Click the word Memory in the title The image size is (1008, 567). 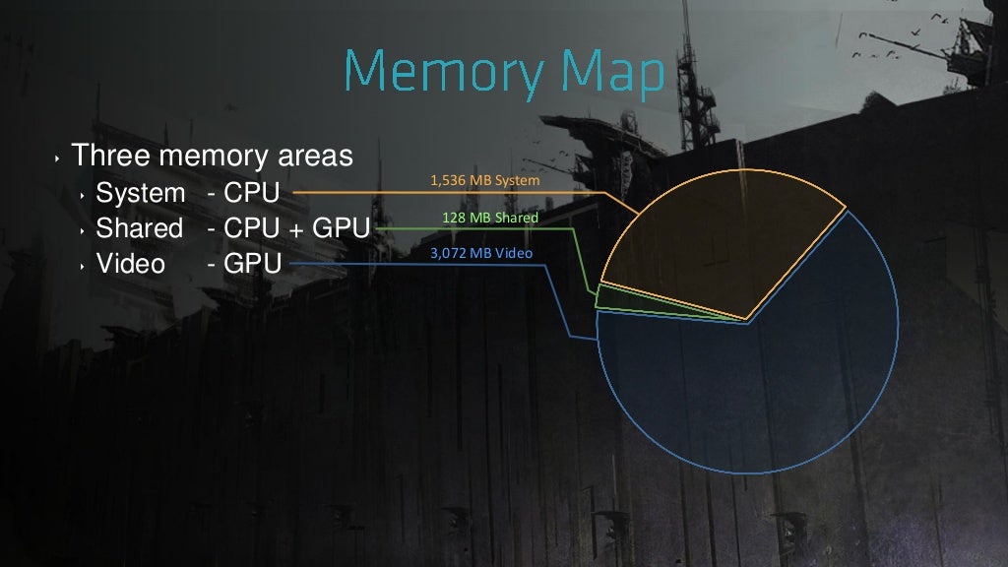point(444,72)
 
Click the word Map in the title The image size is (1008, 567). point(612,72)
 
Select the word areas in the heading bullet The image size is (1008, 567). point(315,157)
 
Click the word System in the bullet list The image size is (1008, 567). point(140,193)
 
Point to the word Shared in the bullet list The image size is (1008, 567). point(140,228)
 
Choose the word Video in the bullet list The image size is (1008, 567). point(131,264)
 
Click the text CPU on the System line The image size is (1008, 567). point(251,193)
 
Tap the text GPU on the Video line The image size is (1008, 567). point(253,264)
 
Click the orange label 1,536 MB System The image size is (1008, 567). point(484,181)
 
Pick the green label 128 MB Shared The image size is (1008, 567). point(490,218)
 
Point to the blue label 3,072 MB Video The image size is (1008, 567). point(480,253)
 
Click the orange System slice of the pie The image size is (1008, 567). point(720,238)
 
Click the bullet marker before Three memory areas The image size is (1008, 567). point(57,157)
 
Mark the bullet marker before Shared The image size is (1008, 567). point(83,230)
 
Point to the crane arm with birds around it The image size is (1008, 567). point(913,46)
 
